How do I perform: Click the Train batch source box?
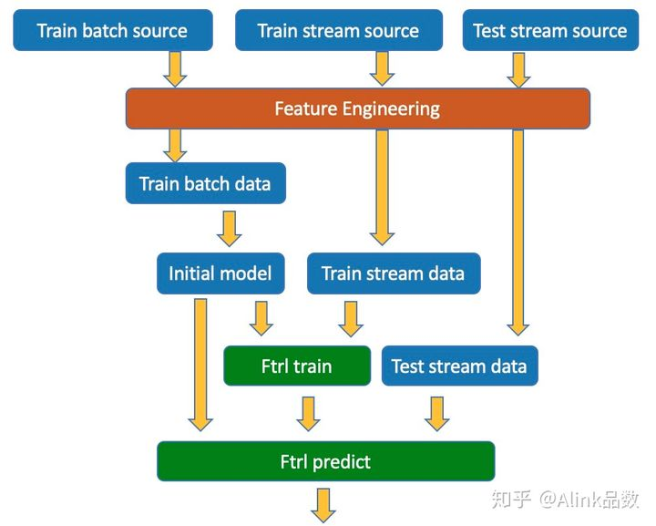[x=113, y=31]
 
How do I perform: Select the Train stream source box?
[x=339, y=31]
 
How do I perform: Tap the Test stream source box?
[x=550, y=31]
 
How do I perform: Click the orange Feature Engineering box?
[x=358, y=108]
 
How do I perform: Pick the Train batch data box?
[x=205, y=183]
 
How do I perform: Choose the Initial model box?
[x=220, y=273]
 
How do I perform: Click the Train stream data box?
[x=394, y=273]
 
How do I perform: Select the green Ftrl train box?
[x=297, y=366]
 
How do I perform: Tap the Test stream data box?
[x=460, y=366]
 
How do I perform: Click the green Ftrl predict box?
[x=325, y=461]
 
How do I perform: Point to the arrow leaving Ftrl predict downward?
[x=323, y=506]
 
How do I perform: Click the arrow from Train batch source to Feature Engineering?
[x=175, y=69]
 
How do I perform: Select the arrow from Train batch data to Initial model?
[x=230, y=229]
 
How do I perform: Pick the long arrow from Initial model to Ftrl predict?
[x=200, y=365]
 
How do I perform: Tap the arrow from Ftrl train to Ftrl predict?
[x=308, y=414]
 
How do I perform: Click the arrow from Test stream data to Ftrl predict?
[x=436, y=414]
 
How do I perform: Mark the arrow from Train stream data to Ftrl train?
[x=351, y=319]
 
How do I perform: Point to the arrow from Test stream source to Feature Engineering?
[x=518, y=70]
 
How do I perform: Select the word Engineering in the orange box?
[x=391, y=109]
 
